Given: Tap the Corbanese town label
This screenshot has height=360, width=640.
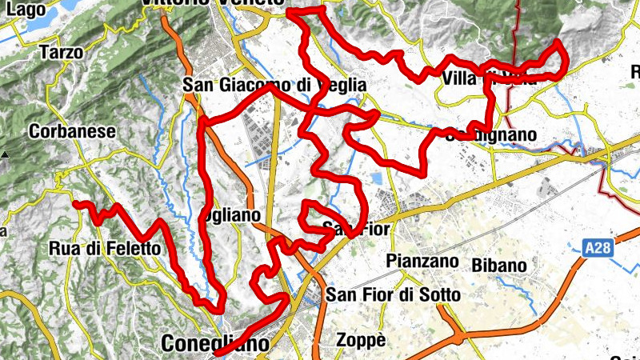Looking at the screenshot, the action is click(x=72, y=130).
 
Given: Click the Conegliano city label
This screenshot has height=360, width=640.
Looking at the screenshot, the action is click(x=214, y=343).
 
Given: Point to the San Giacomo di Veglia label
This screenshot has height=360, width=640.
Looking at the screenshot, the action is click(x=274, y=85).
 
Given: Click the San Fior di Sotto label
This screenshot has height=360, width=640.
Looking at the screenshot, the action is click(x=393, y=295).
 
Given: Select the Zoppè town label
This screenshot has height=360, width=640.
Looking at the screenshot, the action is click(x=360, y=340).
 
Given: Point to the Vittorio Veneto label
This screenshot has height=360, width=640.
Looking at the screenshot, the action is click(x=212, y=3).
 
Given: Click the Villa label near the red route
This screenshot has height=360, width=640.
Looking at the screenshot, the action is click(x=459, y=79).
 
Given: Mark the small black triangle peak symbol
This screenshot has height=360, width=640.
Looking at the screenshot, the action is click(x=6, y=154).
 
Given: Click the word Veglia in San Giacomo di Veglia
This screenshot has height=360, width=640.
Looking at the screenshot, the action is click(x=339, y=85).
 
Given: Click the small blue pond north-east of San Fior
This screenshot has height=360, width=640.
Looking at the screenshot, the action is click(x=377, y=178).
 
